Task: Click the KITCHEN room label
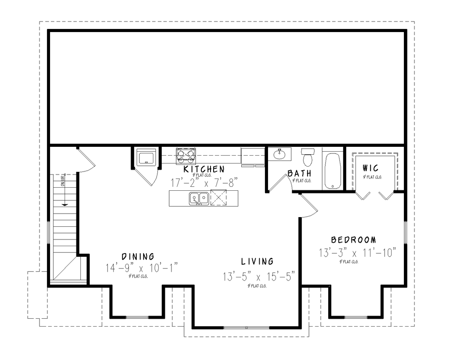coord(204,169)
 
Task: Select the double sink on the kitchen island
coord(199,198)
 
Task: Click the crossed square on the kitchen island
coord(218,198)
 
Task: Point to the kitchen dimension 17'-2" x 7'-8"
coord(204,181)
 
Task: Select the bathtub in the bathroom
coord(333,171)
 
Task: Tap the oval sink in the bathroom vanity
coord(279,154)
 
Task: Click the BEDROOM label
coord(354,240)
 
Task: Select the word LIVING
coord(258,262)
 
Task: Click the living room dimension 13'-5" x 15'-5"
coord(258,276)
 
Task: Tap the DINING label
coord(138,256)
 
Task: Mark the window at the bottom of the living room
coord(246,327)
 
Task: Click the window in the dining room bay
coord(137,317)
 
